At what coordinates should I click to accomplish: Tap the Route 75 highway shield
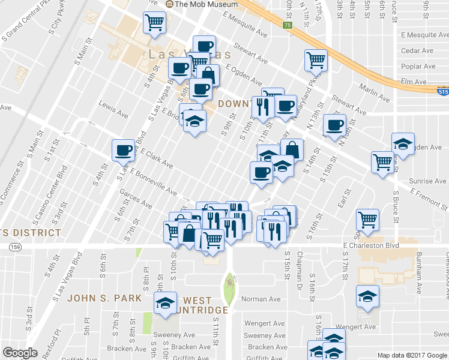point(288,25)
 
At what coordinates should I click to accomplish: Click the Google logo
point(20,352)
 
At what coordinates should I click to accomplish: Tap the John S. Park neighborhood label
point(104,298)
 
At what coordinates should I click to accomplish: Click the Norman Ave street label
point(261,299)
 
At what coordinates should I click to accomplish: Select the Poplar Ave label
point(418,66)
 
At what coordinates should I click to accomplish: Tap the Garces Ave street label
point(133,196)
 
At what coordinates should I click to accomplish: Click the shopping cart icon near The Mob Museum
point(154,22)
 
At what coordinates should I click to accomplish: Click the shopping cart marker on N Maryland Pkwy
point(316,59)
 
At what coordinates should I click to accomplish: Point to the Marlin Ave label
point(377,94)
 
